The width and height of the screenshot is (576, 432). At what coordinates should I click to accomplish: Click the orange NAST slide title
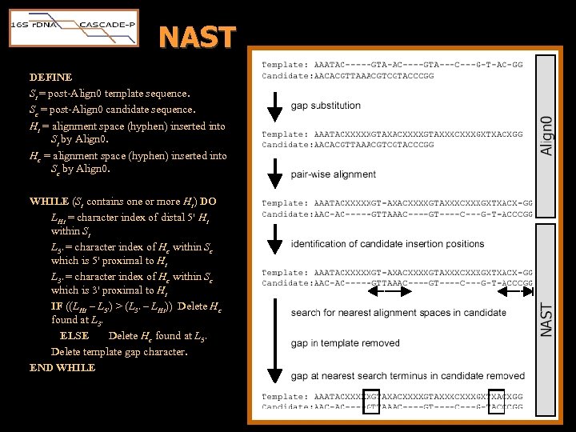click(197, 37)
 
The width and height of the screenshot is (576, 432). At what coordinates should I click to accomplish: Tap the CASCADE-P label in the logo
click(108, 25)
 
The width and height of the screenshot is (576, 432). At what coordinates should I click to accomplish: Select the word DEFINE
click(50, 78)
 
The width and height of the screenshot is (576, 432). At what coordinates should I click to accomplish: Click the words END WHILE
click(62, 368)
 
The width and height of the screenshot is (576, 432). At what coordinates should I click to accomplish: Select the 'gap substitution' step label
click(326, 106)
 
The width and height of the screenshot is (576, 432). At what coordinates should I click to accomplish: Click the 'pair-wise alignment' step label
click(334, 174)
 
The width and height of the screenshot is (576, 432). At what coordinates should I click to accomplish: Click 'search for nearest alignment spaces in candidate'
click(398, 313)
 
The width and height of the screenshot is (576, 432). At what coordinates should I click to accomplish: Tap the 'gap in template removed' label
click(346, 344)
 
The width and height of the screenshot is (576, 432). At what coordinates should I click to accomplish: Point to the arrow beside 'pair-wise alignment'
click(274, 174)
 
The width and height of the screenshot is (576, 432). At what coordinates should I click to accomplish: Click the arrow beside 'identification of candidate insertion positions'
click(274, 244)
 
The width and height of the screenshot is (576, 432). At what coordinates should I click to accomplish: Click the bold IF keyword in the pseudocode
click(57, 306)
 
